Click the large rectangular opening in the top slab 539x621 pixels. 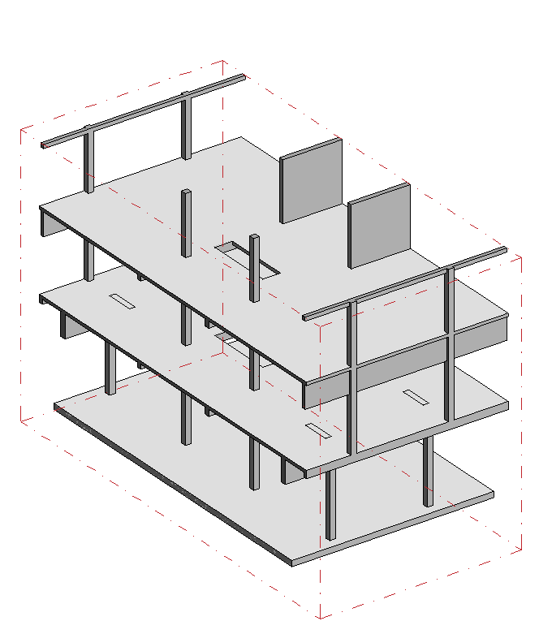point(248,258)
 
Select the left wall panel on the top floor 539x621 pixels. point(311,180)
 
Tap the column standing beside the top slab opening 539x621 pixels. point(254,268)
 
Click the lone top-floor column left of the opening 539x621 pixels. point(186,223)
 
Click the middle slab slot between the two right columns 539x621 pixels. point(416,397)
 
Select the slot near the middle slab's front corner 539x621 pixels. point(316,430)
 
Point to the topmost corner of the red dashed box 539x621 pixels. point(223,60)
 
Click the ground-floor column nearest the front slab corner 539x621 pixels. point(330,503)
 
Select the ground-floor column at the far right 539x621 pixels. point(427,471)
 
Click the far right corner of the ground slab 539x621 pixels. point(494,493)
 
